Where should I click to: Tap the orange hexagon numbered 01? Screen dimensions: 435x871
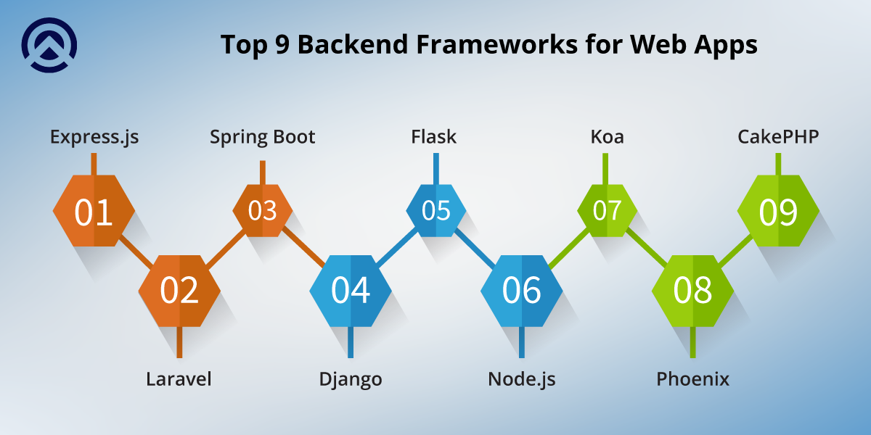click(x=94, y=212)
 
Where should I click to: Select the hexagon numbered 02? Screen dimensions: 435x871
click(x=179, y=291)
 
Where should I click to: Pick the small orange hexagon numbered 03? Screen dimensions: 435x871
click(x=263, y=210)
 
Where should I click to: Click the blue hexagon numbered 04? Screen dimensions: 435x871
click(x=351, y=291)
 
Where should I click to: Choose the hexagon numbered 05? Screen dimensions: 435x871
click(x=435, y=210)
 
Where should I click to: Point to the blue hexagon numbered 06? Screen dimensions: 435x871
click(x=521, y=291)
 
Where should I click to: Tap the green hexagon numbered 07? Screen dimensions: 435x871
click(x=607, y=210)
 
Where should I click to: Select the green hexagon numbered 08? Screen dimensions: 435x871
click(x=692, y=291)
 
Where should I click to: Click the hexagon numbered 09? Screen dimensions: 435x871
click(x=778, y=212)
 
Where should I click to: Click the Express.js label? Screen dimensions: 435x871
click(x=94, y=137)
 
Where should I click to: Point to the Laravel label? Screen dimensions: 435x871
click(x=179, y=379)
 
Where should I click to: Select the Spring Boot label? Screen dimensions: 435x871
click(x=263, y=137)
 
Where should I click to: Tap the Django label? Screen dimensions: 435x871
click(x=351, y=379)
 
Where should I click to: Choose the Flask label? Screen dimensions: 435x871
click(x=434, y=137)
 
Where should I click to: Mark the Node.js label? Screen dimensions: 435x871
click(x=521, y=379)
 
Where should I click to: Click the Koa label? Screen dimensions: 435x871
click(x=607, y=137)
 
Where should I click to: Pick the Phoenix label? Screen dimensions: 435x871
click(x=692, y=379)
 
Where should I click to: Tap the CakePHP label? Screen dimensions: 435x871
click(x=778, y=137)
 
